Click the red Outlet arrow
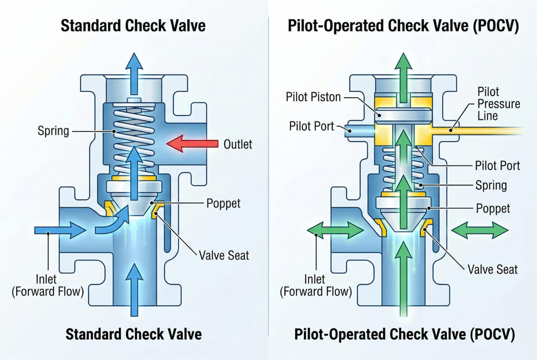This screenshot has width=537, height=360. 192,144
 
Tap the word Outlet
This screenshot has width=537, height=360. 238,144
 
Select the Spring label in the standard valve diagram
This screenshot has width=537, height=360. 53,131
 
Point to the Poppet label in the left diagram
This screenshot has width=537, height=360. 223,203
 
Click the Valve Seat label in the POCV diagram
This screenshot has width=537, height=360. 493,269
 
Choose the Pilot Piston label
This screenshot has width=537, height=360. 313,97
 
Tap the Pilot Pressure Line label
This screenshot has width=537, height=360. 499,104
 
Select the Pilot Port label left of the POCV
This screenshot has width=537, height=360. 312,126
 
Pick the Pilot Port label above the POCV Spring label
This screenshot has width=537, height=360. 497,166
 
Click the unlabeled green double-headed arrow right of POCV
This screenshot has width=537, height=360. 480,230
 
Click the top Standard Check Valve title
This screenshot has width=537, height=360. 133,26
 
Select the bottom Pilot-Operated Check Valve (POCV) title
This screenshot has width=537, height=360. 404,334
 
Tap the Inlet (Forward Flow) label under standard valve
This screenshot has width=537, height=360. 48,286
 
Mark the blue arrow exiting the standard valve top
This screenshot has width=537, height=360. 134,74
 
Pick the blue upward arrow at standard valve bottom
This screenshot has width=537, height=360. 134,290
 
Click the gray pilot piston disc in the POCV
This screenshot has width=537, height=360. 403,116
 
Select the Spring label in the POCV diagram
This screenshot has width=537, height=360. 491,186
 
